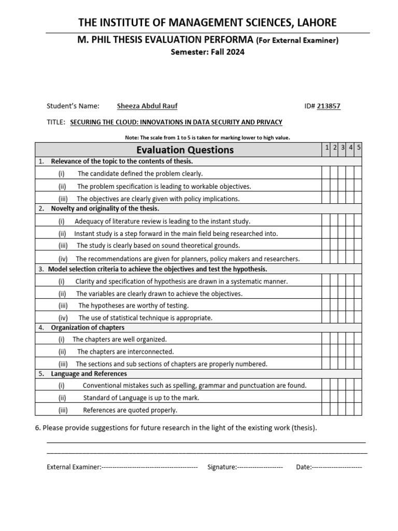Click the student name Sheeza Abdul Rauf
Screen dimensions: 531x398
[x=147, y=106]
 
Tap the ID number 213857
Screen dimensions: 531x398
[x=330, y=106]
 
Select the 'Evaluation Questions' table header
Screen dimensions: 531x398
[x=185, y=150]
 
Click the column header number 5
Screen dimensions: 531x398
[x=359, y=148]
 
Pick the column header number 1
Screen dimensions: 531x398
[x=327, y=148]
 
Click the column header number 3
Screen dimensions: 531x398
[x=343, y=148]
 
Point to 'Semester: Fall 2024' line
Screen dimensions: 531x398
[x=207, y=52]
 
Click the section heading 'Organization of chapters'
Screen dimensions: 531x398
[x=88, y=328]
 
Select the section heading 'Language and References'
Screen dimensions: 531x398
[x=89, y=373]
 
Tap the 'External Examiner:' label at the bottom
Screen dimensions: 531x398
[x=74, y=467]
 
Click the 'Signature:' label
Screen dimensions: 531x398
[x=222, y=467]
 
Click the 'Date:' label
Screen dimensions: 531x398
[x=304, y=467]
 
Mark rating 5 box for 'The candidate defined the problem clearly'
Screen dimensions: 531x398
[x=359, y=174]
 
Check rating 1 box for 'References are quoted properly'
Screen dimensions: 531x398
[x=326, y=410]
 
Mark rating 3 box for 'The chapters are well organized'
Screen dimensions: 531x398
[x=343, y=339]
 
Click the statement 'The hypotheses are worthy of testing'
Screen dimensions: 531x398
[x=133, y=305]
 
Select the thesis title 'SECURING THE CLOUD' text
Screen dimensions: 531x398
[x=176, y=122]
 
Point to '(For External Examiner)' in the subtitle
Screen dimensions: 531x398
[x=297, y=40]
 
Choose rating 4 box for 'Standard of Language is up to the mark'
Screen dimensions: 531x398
[x=351, y=398]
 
